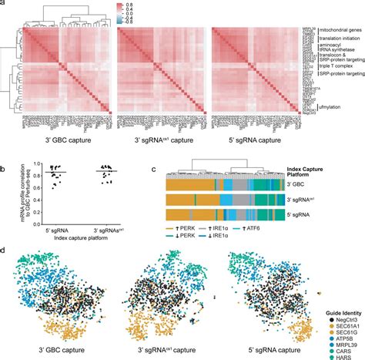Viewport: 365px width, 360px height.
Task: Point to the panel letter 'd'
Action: coord(4,250)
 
